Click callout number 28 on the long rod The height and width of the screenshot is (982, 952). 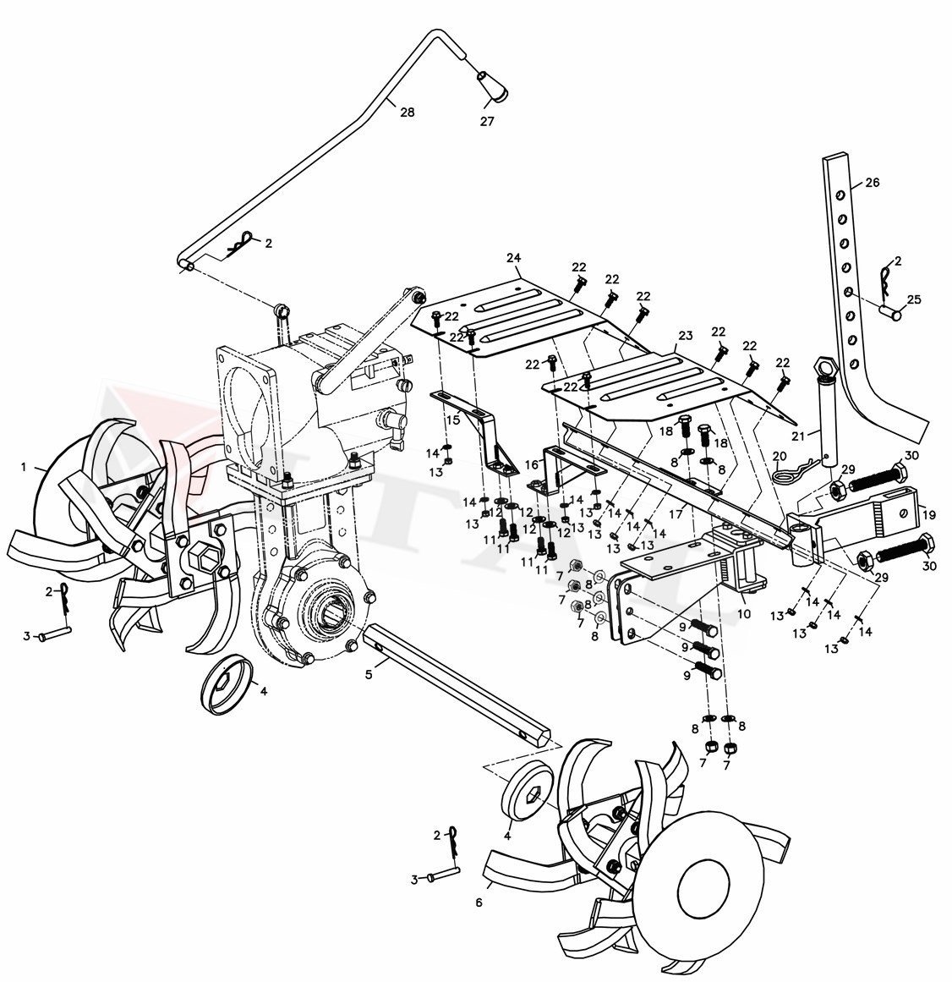407,112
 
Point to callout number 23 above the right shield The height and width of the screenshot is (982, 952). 686,336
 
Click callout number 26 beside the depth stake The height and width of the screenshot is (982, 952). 873,182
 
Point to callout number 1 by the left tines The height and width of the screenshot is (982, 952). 24,466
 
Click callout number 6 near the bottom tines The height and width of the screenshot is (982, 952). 479,902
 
